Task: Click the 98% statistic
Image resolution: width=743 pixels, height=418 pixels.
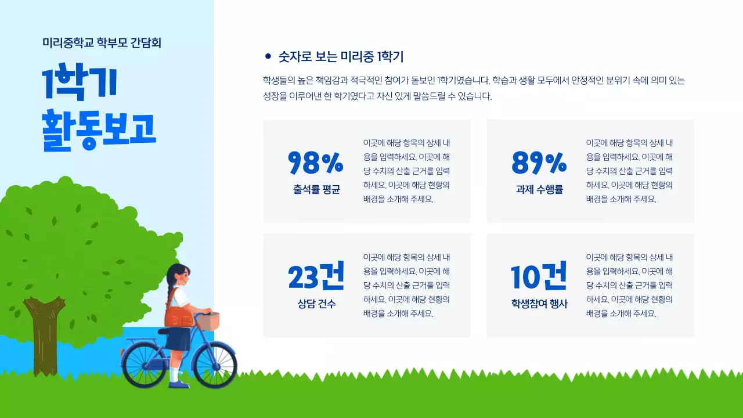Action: click(x=315, y=163)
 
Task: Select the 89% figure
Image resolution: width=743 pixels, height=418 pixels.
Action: click(x=539, y=163)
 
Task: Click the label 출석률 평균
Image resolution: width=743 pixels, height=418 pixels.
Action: click(x=316, y=189)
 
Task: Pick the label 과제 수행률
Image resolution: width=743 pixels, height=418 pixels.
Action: click(x=539, y=189)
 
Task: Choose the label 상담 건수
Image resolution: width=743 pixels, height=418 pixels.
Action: click(x=316, y=304)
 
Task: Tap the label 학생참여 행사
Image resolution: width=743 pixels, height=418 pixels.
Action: click(x=539, y=304)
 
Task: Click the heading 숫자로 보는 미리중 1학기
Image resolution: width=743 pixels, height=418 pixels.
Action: click(x=341, y=56)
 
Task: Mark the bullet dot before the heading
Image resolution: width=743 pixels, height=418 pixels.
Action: click(x=268, y=56)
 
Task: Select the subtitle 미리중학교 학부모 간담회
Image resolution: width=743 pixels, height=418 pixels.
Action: click(x=102, y=42)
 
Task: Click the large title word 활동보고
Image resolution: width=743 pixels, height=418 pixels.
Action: click(x=99, y=129)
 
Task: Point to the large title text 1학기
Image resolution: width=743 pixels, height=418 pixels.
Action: click(x=80, y=83)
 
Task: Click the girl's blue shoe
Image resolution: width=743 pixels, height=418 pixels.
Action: click(x=180, y=384)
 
